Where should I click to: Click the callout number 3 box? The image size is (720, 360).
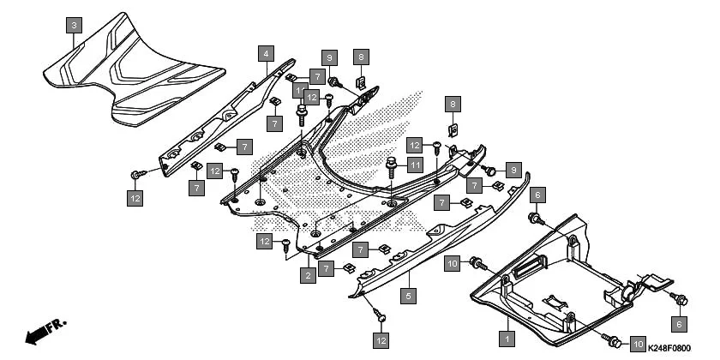[x=75, y=25]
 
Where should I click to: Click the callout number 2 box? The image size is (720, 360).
[x=306, y=275]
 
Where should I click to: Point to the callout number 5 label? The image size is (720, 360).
[x=409, y=297]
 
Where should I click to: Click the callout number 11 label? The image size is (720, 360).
[x=416, y=165]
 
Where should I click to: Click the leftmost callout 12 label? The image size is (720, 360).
[x=135, y=199]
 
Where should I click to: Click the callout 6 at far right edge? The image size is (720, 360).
[x=677, y=324]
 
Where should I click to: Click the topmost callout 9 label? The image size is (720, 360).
[x=330, y=58]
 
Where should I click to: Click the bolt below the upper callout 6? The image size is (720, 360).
[x=537, y=220]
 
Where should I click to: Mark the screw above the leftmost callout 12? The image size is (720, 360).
[x=136, y=175]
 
